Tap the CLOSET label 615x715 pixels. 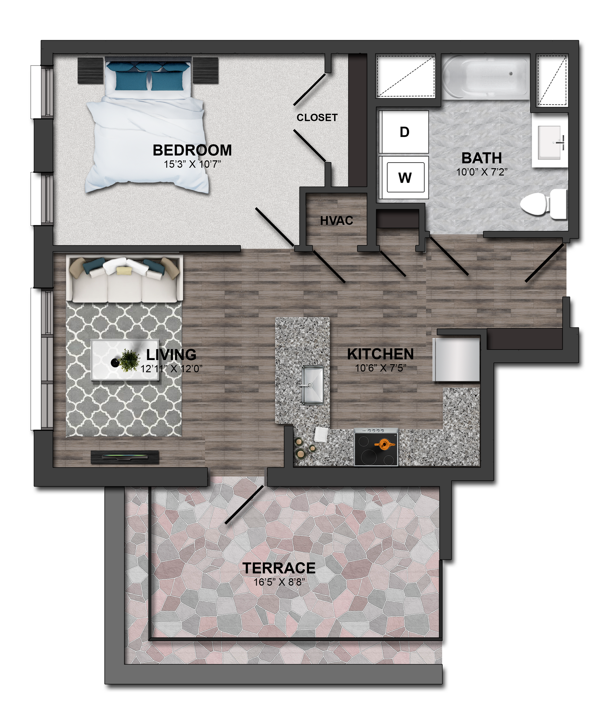click(x=317, y=118)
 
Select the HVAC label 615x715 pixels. click(x=337, y=220)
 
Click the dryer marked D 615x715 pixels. click(x=404, y=132)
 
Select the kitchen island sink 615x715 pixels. click(x=312, y=385)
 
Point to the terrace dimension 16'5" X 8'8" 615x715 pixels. click(x=279, y=582)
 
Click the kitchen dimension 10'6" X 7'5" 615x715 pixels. click(x=381, y=368)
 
